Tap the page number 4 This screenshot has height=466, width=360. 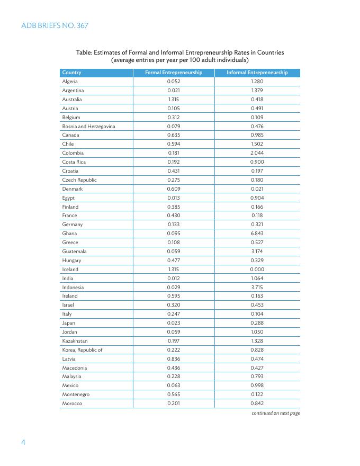click(23, 442)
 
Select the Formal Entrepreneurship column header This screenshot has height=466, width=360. click(174, 73)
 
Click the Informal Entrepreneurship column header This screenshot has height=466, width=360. click(257, 73)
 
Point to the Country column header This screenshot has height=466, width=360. click(71, 73)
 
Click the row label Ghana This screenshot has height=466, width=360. click(69, 234)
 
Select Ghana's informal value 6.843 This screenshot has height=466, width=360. click(257, 234)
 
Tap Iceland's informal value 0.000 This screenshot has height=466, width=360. click(257, 270)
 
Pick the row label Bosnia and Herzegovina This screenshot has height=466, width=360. click(88, 127)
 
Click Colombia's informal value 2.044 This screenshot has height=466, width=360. click(257, 153)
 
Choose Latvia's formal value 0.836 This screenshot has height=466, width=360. click(174, 359)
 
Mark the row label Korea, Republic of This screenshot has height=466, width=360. click(82, 350)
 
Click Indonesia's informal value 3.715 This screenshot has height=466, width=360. click(257, 288)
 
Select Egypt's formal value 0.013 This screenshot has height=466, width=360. click(174, 198)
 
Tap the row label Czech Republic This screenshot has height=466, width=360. click(79, 180)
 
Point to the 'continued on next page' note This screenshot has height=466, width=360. click(275, 413)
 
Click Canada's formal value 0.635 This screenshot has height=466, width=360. click(174, 135)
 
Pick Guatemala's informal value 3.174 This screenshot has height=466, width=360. click(257, 252)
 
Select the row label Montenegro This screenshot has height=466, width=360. click(76, 395)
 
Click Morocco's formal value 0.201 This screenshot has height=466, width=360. click(174, 404)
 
